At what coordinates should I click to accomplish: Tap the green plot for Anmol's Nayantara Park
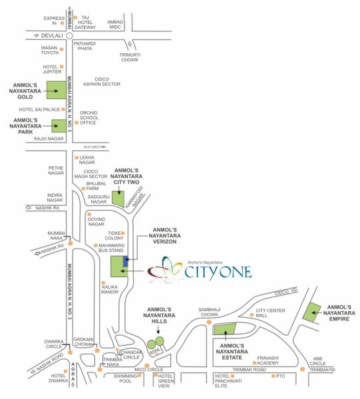pos(60,125)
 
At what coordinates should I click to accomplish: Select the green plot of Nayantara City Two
pos(118,198)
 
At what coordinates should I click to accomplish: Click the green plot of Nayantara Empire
pos(312,312)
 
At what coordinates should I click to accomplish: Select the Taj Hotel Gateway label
pos(85,23)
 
